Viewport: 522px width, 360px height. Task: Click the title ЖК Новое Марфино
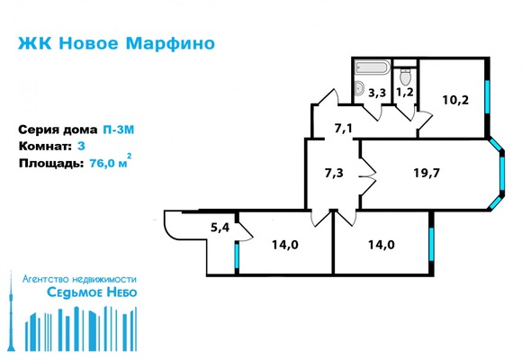click(116, 43)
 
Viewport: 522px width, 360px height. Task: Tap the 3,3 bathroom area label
click(376, 91)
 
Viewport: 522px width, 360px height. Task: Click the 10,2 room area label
click(454, 100)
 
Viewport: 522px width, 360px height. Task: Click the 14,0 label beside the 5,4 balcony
click(283, 242)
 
